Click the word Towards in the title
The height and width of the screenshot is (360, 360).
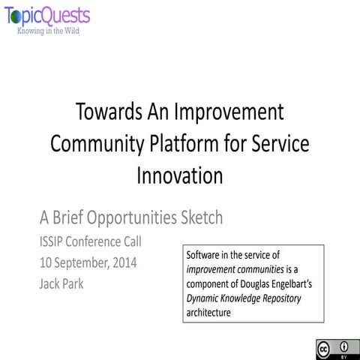tap(110, 112)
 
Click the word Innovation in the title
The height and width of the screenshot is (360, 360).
tap(180, 175)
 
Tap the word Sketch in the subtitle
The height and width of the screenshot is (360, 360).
tap(197, 218)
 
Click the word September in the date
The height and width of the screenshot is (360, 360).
tap(84, 264)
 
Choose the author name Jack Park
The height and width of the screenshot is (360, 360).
tap(63, 285)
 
